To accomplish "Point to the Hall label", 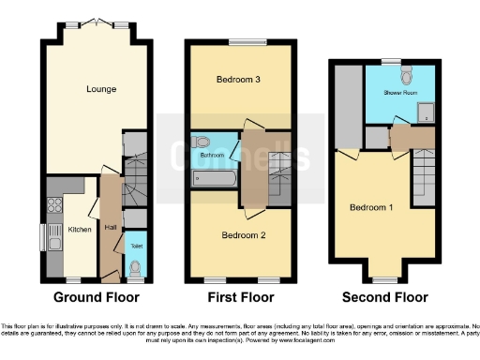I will click(110, 227).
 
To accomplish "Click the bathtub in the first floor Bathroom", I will click(214, 177).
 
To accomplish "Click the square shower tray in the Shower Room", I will click(424, 113).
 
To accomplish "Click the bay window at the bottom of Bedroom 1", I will click(384, 278).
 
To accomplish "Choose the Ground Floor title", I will click(96, 297).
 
